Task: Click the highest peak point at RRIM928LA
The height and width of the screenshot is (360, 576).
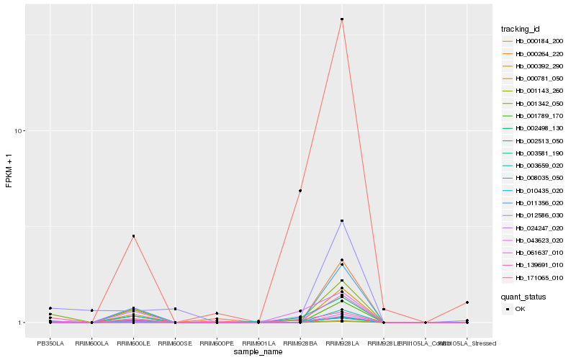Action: tap(342, 19)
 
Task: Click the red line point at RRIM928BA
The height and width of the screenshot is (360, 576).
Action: tap(300, 191)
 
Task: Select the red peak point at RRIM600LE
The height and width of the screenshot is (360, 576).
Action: tap(133, 236)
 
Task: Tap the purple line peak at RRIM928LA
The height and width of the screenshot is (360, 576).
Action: tap(342, 221)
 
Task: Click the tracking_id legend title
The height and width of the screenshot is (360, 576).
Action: tap(521, 29)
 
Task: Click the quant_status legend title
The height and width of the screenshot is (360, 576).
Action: tap(523, 296)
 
